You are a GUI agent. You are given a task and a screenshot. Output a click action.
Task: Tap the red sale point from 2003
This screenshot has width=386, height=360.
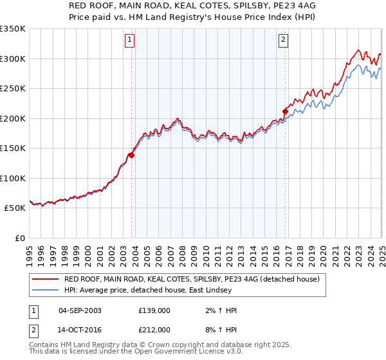[x=131, y=154]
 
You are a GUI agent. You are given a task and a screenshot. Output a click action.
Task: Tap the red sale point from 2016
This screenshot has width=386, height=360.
[x=285, y=111]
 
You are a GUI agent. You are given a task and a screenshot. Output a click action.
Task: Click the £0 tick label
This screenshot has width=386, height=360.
[x=19, y=238]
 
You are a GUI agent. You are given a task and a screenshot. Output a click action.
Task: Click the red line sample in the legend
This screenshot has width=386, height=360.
[x=46, y=279]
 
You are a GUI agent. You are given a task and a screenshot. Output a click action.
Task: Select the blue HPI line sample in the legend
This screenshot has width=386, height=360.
[x=46, y=291]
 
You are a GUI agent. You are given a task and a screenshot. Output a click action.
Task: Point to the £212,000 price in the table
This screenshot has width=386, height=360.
[x=155, y=329]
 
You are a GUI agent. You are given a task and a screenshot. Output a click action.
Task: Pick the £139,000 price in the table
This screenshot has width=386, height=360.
[x=155, y=310]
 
